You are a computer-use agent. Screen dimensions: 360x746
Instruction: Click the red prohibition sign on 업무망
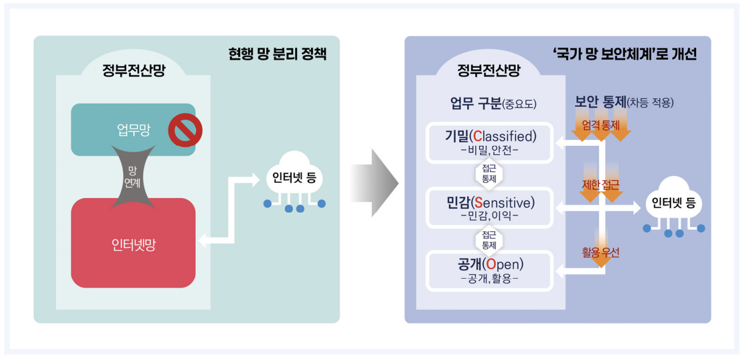(185, 130)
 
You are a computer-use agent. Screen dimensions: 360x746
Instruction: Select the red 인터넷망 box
(133, 244)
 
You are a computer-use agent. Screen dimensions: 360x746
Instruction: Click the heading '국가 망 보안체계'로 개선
(625, 55)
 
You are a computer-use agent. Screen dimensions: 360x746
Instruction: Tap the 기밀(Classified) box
(489, 142)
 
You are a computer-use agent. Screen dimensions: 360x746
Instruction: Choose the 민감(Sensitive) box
(489, 207)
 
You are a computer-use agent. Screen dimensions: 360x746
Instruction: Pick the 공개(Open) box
(489, 271)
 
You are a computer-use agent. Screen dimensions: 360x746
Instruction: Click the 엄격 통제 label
(601, 125)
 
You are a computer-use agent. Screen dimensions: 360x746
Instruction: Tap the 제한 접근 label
(601, 186)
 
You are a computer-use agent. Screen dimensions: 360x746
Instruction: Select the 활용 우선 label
(601, 253)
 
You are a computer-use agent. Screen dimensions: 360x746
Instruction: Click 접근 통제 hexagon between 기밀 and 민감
(489, 174)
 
